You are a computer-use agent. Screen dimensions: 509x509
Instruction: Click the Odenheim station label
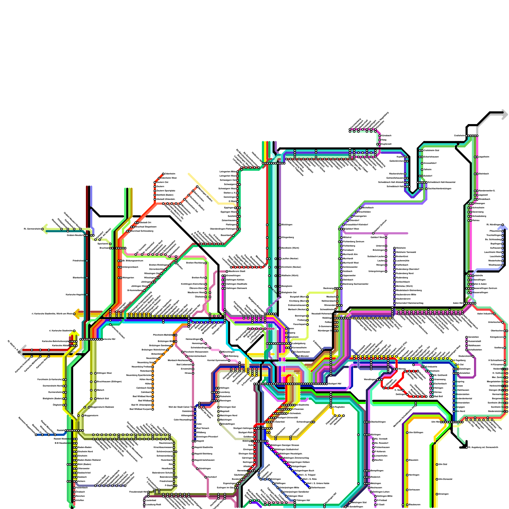coord(170,174)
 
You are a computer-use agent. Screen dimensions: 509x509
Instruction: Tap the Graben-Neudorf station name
coord(75,235)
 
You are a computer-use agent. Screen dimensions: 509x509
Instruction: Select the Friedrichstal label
coord(78,261)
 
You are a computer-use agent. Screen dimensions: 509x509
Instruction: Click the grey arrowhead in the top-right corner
coord(504,115)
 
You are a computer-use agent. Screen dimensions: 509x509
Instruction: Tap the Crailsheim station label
coord(459,136)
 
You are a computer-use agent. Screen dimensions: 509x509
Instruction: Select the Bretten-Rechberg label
coord(195,263)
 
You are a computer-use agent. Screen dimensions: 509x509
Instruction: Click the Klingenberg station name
coord(288,237)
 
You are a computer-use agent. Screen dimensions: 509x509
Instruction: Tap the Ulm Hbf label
coord(436,422)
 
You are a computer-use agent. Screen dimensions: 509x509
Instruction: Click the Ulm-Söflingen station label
coord(416,432)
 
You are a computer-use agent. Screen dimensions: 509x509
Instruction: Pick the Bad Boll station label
coord(438,396)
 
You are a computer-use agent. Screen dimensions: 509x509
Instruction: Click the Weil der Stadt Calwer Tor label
coord(180,407)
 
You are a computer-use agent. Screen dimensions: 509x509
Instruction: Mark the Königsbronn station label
coord(496,337)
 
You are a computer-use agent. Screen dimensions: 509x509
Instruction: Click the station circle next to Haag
coord(380,140)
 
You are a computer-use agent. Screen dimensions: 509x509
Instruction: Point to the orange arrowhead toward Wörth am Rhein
coord(76,314)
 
